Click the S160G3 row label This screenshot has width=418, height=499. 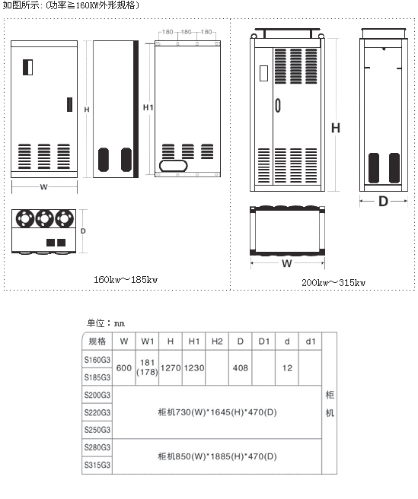pos(97,360)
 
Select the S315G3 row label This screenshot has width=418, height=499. pos(97,465)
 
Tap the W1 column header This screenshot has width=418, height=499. pos(147,342)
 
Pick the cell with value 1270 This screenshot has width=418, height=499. pos(171,368)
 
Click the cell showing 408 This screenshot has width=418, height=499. pos(241,368)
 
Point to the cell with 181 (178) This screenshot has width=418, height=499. pos(147,367)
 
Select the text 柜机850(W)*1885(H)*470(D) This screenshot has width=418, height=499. pos(217,456)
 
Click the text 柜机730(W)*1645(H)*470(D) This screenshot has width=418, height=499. pos(217,412)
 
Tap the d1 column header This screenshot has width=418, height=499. pos(311,342)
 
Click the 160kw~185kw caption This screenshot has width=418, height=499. pos(126,280)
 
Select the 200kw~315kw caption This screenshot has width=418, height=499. pos(333,283)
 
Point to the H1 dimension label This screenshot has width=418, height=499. pos(148,107)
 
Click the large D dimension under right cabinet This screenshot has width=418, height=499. pos(383,201)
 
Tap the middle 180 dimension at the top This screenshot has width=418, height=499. pos(187,32)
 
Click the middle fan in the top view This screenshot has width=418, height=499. pos(44,218)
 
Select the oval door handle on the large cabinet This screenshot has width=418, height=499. pos(278,105)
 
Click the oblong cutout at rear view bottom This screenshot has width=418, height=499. pos(174,166)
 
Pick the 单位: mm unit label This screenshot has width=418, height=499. pos(106,323)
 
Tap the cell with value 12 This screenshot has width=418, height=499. pos(287,368)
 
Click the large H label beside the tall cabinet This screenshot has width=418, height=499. pos(336,128)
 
